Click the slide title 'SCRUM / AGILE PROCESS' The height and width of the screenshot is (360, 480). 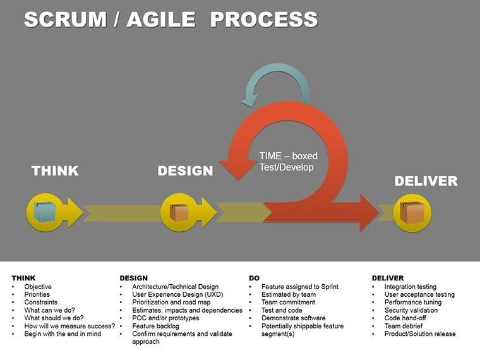(x=171, y=20)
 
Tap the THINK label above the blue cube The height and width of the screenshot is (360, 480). (x=55, y=171)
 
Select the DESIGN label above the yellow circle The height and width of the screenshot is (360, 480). (x=185, y=171)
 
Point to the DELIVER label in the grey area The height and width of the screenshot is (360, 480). (x=426, y=181)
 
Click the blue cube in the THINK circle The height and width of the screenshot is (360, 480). (x=45, y=212)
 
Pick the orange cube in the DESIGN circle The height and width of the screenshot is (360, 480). (x=181, y=212)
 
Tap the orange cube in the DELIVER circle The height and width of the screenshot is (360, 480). (x=412, y=213)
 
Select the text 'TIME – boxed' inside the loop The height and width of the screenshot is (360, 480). (x=288, y=156)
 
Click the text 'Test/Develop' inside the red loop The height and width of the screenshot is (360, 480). (x=286, y=167)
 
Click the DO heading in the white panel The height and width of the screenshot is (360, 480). (x=254, y=278)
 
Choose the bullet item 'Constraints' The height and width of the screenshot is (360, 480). (x=40, y=303)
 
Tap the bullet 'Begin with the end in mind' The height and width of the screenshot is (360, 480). (x=62, y=334)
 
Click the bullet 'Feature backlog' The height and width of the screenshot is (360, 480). (x=155, y=326)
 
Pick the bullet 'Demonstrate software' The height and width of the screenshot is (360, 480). (x=294, y=318)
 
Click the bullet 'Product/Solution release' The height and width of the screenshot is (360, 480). (x=419, y=334)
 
